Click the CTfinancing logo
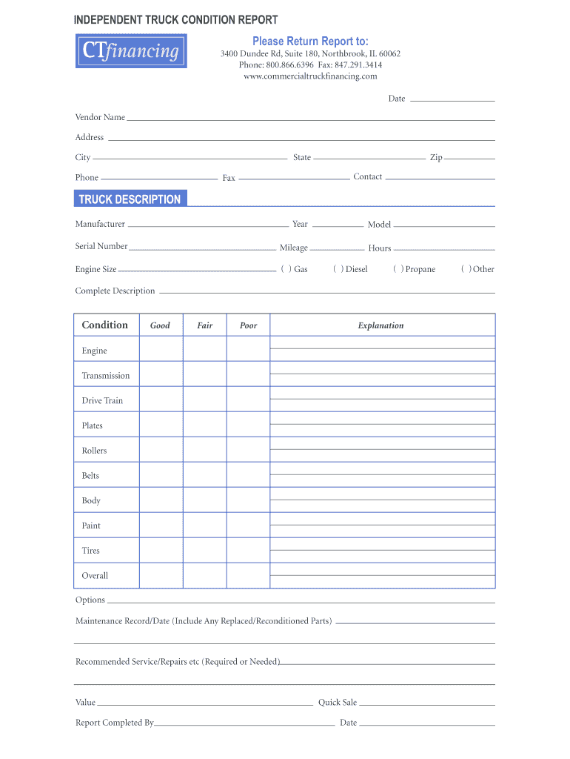point(131,51)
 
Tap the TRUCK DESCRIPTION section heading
point(130,199)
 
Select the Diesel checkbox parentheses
point(338,269)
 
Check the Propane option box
point(398,269)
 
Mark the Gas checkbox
point(286,269)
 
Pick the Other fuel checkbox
point(466,269)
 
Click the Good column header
point(161,325)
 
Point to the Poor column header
point(249,325)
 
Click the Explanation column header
point(381,325)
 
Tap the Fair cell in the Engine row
point(205,351)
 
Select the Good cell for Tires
point(161,551)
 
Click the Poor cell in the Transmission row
point(249,375)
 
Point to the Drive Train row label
point(103,401)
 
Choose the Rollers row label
point(95,451)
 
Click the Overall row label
point(95,576)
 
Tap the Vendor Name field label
point(100,117)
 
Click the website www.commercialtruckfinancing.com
point(310,76)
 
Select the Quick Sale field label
point(338,703)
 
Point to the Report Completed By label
point(115,723)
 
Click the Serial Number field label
point(101,246)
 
